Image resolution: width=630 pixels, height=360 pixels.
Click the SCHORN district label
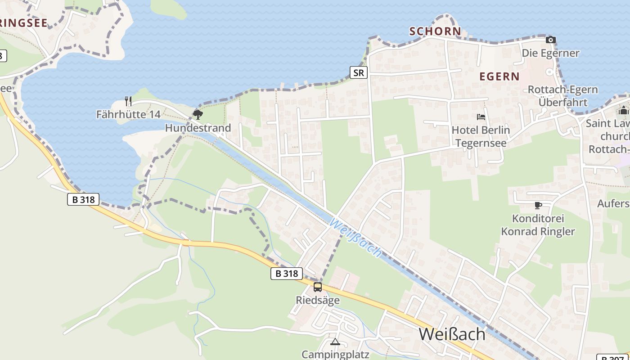(435, 31)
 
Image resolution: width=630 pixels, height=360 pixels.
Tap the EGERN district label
(499, 76)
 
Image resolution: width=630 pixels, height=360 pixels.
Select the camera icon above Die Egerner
(550, 40)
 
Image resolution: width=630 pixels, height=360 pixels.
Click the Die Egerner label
(550, 53)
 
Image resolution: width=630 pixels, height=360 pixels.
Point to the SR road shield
(359, 72)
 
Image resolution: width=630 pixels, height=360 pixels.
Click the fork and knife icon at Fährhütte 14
(128, 101)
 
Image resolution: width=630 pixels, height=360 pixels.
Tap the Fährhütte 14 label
(128, 114)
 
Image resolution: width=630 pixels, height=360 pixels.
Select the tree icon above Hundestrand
(198, 114)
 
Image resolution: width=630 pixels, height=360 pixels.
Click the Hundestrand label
(198, 128)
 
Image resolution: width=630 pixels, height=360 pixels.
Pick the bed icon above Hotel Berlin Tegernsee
(481, 117)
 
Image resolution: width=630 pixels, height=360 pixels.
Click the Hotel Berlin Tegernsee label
(481, 137)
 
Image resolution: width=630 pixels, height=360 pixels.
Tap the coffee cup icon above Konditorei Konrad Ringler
(538, 206)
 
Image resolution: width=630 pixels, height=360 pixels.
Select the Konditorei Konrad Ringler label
(538, 225)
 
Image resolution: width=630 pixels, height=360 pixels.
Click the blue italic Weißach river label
(355, 238)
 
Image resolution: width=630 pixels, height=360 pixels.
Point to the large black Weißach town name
(452, 334)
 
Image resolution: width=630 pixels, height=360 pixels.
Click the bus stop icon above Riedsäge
(318, 287)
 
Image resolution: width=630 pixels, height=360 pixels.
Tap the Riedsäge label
(318, 300)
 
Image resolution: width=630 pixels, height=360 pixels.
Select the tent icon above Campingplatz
(335, 342)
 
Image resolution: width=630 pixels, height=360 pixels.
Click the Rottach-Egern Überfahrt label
(562, 96)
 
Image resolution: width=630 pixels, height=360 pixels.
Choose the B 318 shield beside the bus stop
(287, 273)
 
